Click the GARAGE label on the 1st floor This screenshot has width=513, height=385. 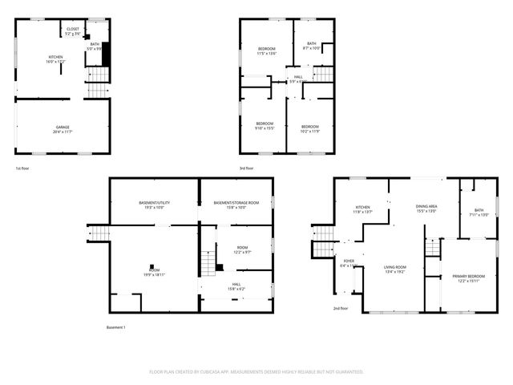point(63,128)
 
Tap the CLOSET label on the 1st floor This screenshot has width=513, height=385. point(73,29)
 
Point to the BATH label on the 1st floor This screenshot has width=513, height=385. point(95,44)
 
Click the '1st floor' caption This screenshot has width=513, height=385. point(22,168)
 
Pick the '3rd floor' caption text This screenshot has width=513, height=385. point(247,168)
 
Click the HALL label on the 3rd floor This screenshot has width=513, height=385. point(297,77)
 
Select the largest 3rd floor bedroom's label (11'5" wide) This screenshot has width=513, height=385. point(266,50)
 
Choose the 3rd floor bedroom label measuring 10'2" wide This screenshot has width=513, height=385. point(310,127)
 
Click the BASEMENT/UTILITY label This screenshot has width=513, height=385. point(153,203)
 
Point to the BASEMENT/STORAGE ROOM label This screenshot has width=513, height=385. point(236,203)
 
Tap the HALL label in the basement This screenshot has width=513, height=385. point(236,284)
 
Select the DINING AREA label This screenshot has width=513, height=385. point(426,207)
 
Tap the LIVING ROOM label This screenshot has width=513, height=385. point(394,267)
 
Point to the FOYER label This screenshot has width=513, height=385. point(349,261)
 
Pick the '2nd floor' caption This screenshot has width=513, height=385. point(341,308)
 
